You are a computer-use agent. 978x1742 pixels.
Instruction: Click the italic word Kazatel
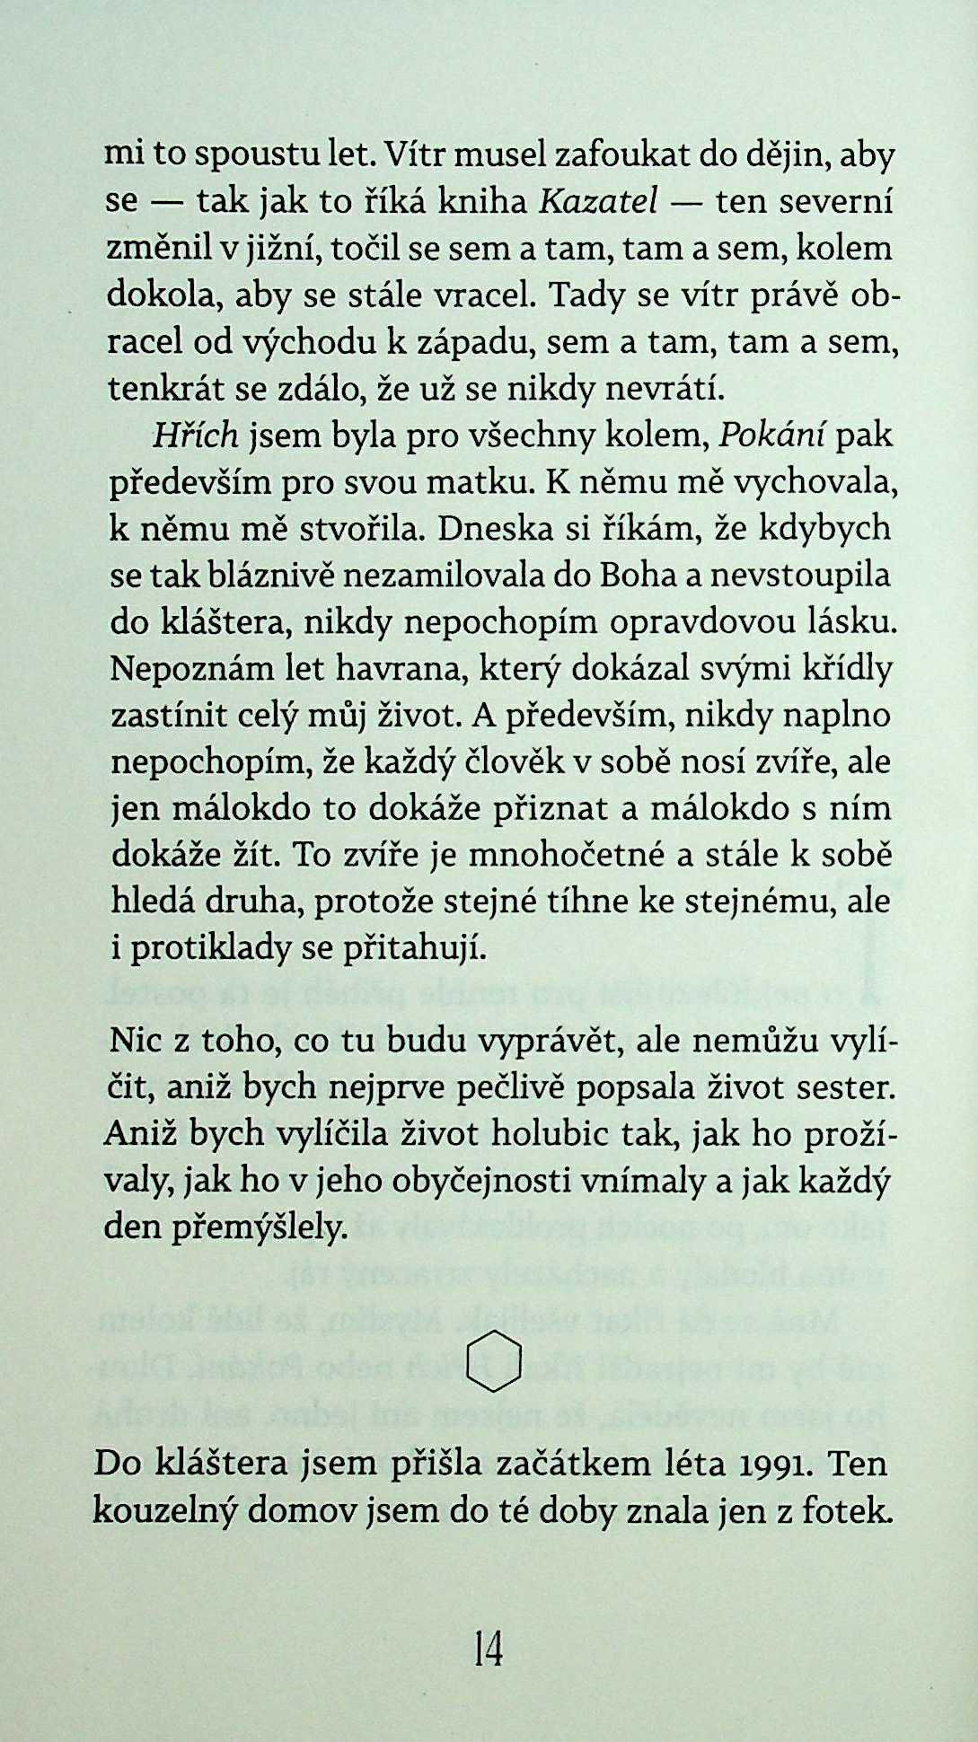coord(599,203)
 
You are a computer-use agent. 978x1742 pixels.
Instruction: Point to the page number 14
coord(489,1650)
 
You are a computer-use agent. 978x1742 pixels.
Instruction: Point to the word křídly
coord(842,669)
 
